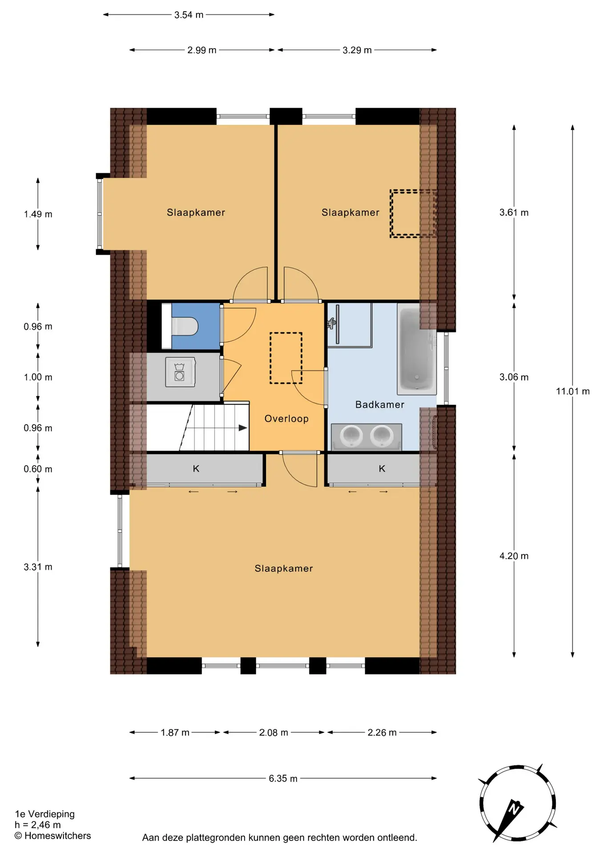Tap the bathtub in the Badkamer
[417, 350]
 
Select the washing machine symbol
[180, 372]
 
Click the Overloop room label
[286, 419]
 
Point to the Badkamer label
[380, 405]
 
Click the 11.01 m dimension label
[573, 391]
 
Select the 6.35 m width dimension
[283, 778]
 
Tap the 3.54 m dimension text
[189, 15]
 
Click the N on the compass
[515, 807]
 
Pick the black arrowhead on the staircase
[243, 428]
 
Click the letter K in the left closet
[196, 468]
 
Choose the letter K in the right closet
[382, 468]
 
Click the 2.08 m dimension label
[274, 733]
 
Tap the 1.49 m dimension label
[38, 214]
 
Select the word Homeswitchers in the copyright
[57, 836]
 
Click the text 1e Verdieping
[45, 814]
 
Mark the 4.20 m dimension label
[514, 556]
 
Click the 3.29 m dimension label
[357, 50]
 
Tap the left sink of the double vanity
[351, 436]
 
